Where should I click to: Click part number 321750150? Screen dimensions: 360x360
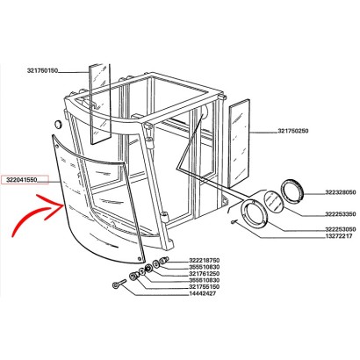pyautogui.click(x=42, y=71)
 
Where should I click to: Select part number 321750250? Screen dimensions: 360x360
pyautogui.click(x=292, y=131)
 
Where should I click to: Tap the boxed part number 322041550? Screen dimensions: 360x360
pyautogui.click(x=23, y=180)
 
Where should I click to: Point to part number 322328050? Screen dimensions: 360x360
pyautogui.click(x=341, y=192)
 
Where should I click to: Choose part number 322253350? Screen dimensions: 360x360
pyautogui.click(x=341, y=214)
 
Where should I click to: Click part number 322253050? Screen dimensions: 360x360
pyautogui.click(x=341, y=229)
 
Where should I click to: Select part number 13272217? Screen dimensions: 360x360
pyautogui.click(x=339, y=236)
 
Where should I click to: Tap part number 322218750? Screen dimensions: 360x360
pyautogui.click(x=205, y=260)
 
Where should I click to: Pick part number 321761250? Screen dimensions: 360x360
pyautogui.click(x=205, y=274)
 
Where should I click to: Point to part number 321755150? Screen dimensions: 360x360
pyautogui.click(x=205, y=287)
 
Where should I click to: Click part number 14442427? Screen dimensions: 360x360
pyautogui.click(x=203, y=293)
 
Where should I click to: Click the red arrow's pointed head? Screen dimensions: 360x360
pyautogui.click(x=63, y=205)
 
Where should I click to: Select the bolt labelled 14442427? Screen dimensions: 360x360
pyautogui.click(x=119, y=284)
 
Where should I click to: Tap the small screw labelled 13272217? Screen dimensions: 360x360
pyautogui.click(x=233, y=222)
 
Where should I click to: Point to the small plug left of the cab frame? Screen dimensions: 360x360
pyautogui.click(x=59, y=124)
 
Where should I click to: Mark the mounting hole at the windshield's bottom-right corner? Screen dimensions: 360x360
pyautogui.click(x=139, y=258)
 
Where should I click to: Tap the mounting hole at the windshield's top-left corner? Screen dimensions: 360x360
pyautogui.click(x=57, y=146)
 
